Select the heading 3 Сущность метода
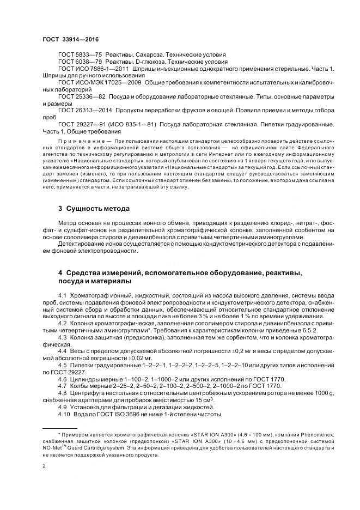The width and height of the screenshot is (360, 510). click(94, 208)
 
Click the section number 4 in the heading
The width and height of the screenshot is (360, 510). click(60, 272)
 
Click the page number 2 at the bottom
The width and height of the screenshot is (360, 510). click(44, 466)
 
